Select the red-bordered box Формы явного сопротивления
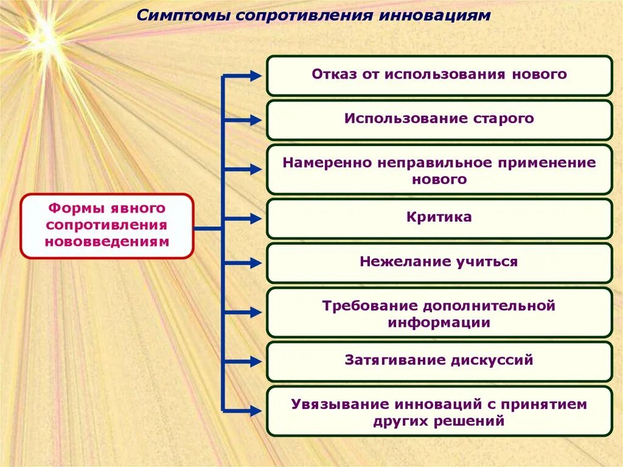click(107, 225)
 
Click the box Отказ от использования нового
click(439, 75)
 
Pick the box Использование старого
click(439, 119)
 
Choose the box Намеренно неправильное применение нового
click(439, 170)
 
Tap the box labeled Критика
click(439, 217)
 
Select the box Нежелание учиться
click(439, 262)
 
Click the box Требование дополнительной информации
click(439, 314)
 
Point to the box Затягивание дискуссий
click(439, 360)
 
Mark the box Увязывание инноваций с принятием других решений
click(439, 412)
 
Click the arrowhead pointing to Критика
click(254, 219)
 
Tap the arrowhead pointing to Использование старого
click(254, 121)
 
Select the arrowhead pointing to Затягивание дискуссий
click(254, 360)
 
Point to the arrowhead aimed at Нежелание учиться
click(254, 263)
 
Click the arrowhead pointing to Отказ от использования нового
click(254, 75)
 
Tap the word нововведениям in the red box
click(107, 242)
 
